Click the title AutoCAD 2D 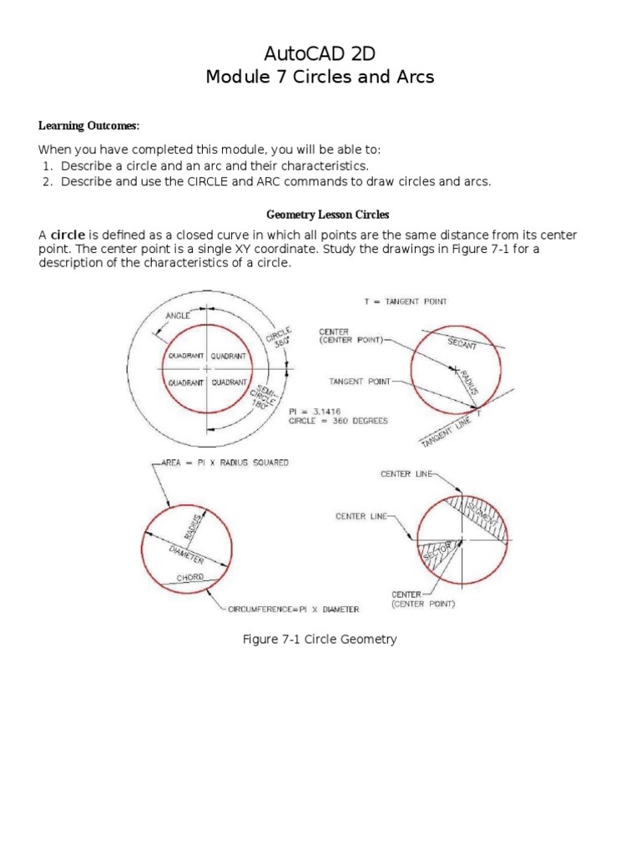[320, 54]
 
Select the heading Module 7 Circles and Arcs [320, 78]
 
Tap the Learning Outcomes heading [89, 126]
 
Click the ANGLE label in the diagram [178, 316]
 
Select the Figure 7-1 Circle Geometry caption [319, 640]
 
